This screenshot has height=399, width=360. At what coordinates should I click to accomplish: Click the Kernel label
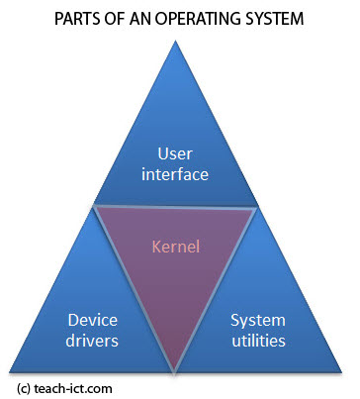[x=176, y=244]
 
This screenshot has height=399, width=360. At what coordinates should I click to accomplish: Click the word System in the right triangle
[x=257, y=320]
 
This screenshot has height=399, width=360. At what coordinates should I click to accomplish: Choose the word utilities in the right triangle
[x=257, y=342]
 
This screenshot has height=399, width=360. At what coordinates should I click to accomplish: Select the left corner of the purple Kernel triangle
[x=94, y=206]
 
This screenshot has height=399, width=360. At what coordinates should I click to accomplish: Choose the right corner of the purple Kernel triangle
[x=259, y=206]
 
